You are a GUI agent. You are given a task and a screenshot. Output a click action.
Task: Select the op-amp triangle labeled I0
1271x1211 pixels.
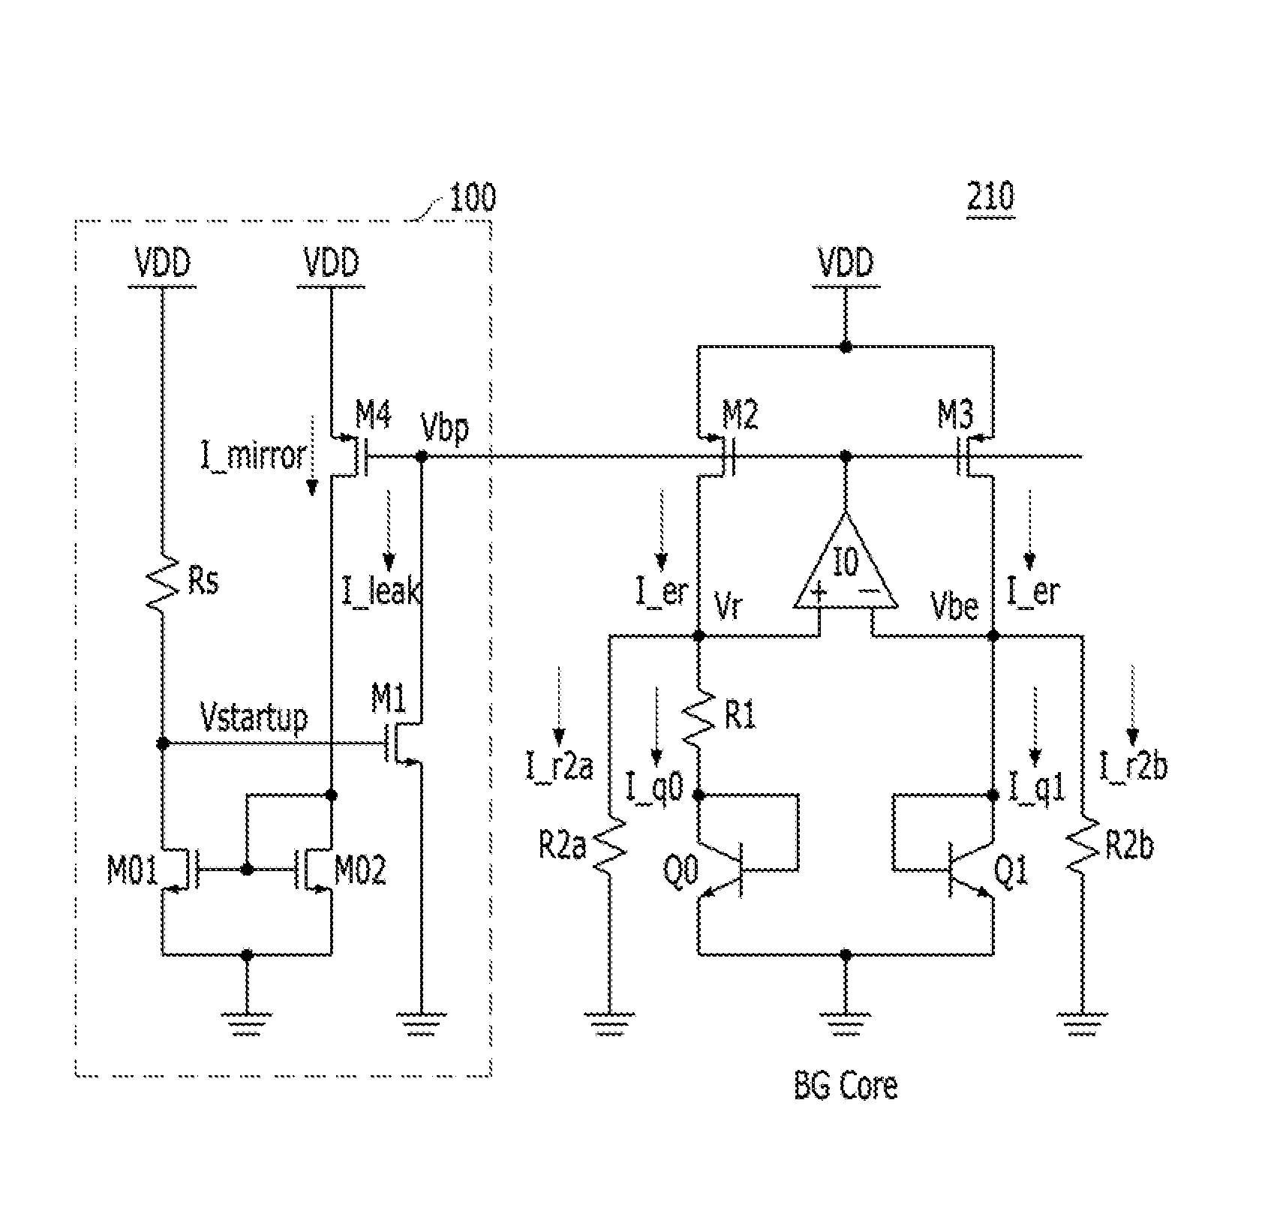tap(846, 564)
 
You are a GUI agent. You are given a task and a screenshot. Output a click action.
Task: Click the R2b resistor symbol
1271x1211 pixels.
tap(1083, 846)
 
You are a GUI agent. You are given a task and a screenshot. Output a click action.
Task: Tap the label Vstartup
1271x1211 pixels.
tap(254, 718)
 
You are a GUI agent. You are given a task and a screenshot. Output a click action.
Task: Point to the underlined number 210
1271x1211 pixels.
tap(990, 197)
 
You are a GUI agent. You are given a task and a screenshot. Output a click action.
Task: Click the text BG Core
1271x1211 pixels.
tap(845, 1086)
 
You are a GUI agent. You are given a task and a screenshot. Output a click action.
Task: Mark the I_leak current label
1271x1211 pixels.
tap(380, 592)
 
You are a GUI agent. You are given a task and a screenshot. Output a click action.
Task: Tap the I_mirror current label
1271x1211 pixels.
tap(253, 455)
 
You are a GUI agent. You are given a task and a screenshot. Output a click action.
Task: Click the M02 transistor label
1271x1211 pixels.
tap(360, 871)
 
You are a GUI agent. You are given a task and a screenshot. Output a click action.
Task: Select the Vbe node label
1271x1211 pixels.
tap(954, 606)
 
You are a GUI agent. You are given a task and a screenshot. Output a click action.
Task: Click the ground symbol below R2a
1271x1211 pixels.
tap(611, 1023)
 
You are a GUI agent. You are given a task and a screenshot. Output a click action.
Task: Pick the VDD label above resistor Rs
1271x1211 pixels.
tap(162, 263)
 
